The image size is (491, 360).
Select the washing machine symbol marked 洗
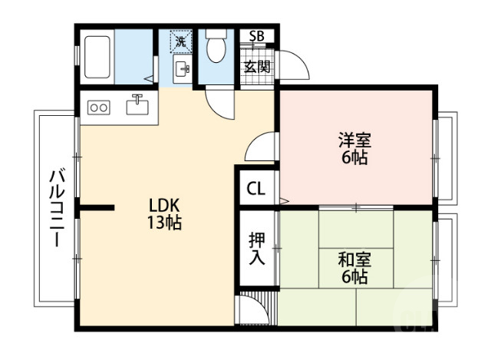(x=180, y=41)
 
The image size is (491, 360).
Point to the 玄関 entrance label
(x=257, y=67)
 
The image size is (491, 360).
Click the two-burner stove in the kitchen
(x=99, y=107)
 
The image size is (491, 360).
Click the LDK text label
(x=163, y=206)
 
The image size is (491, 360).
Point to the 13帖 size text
(x=163, y=224)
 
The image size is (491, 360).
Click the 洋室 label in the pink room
(x=355, y=140)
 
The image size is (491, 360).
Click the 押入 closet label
(x=257, y=248)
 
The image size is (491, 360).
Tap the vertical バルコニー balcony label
(x=56, y=207)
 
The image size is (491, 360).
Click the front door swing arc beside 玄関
(x=295, y=68)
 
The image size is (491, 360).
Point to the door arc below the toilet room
(x=221, y=103)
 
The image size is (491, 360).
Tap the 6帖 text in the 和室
(x=355, y=277)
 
